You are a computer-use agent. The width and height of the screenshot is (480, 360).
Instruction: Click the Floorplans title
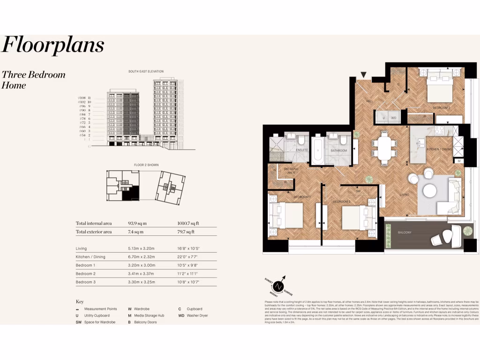tap(53, 45)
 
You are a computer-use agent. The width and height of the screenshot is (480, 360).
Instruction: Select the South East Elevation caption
tap(146, 71)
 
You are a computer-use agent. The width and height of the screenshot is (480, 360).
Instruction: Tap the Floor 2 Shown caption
tap(146, 165)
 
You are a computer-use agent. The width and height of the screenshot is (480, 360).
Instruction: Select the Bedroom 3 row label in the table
tap(85, 282)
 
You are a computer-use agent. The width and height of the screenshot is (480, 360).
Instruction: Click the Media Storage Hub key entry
tap(148, 315)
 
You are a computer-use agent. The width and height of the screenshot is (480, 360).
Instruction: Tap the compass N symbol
tap(279, 285)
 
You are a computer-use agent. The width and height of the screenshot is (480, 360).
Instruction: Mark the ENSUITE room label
tap(302, 150)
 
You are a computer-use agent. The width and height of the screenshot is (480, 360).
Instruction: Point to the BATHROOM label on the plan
tap(339, 150)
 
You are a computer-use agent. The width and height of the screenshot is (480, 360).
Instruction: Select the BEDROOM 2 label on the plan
tap(441, 108)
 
